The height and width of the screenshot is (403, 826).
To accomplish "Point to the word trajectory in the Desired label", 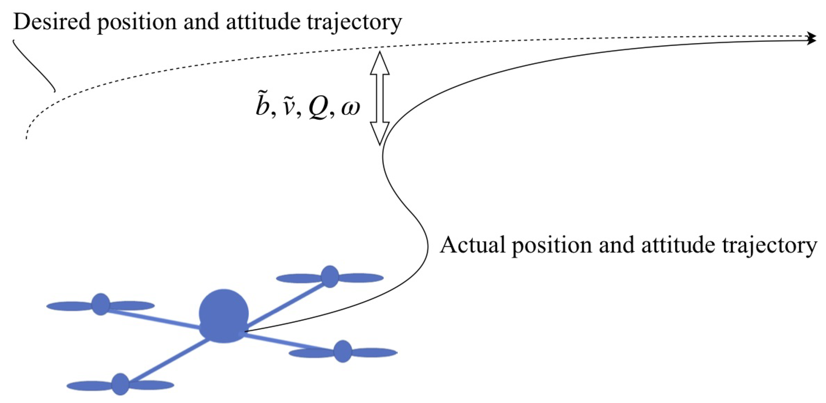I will point(354,23).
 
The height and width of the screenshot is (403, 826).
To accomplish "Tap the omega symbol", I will point(351,108).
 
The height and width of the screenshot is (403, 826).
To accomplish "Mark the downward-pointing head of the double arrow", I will point(380,133).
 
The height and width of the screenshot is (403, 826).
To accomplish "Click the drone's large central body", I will point(224,316).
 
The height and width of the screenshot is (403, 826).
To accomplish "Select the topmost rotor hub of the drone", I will point(330,276).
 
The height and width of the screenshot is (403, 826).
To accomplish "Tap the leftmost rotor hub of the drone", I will point(101,304).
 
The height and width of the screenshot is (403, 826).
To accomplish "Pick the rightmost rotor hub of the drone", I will point(343,352).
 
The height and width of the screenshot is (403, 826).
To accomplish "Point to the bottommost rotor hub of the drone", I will point(120,384).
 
